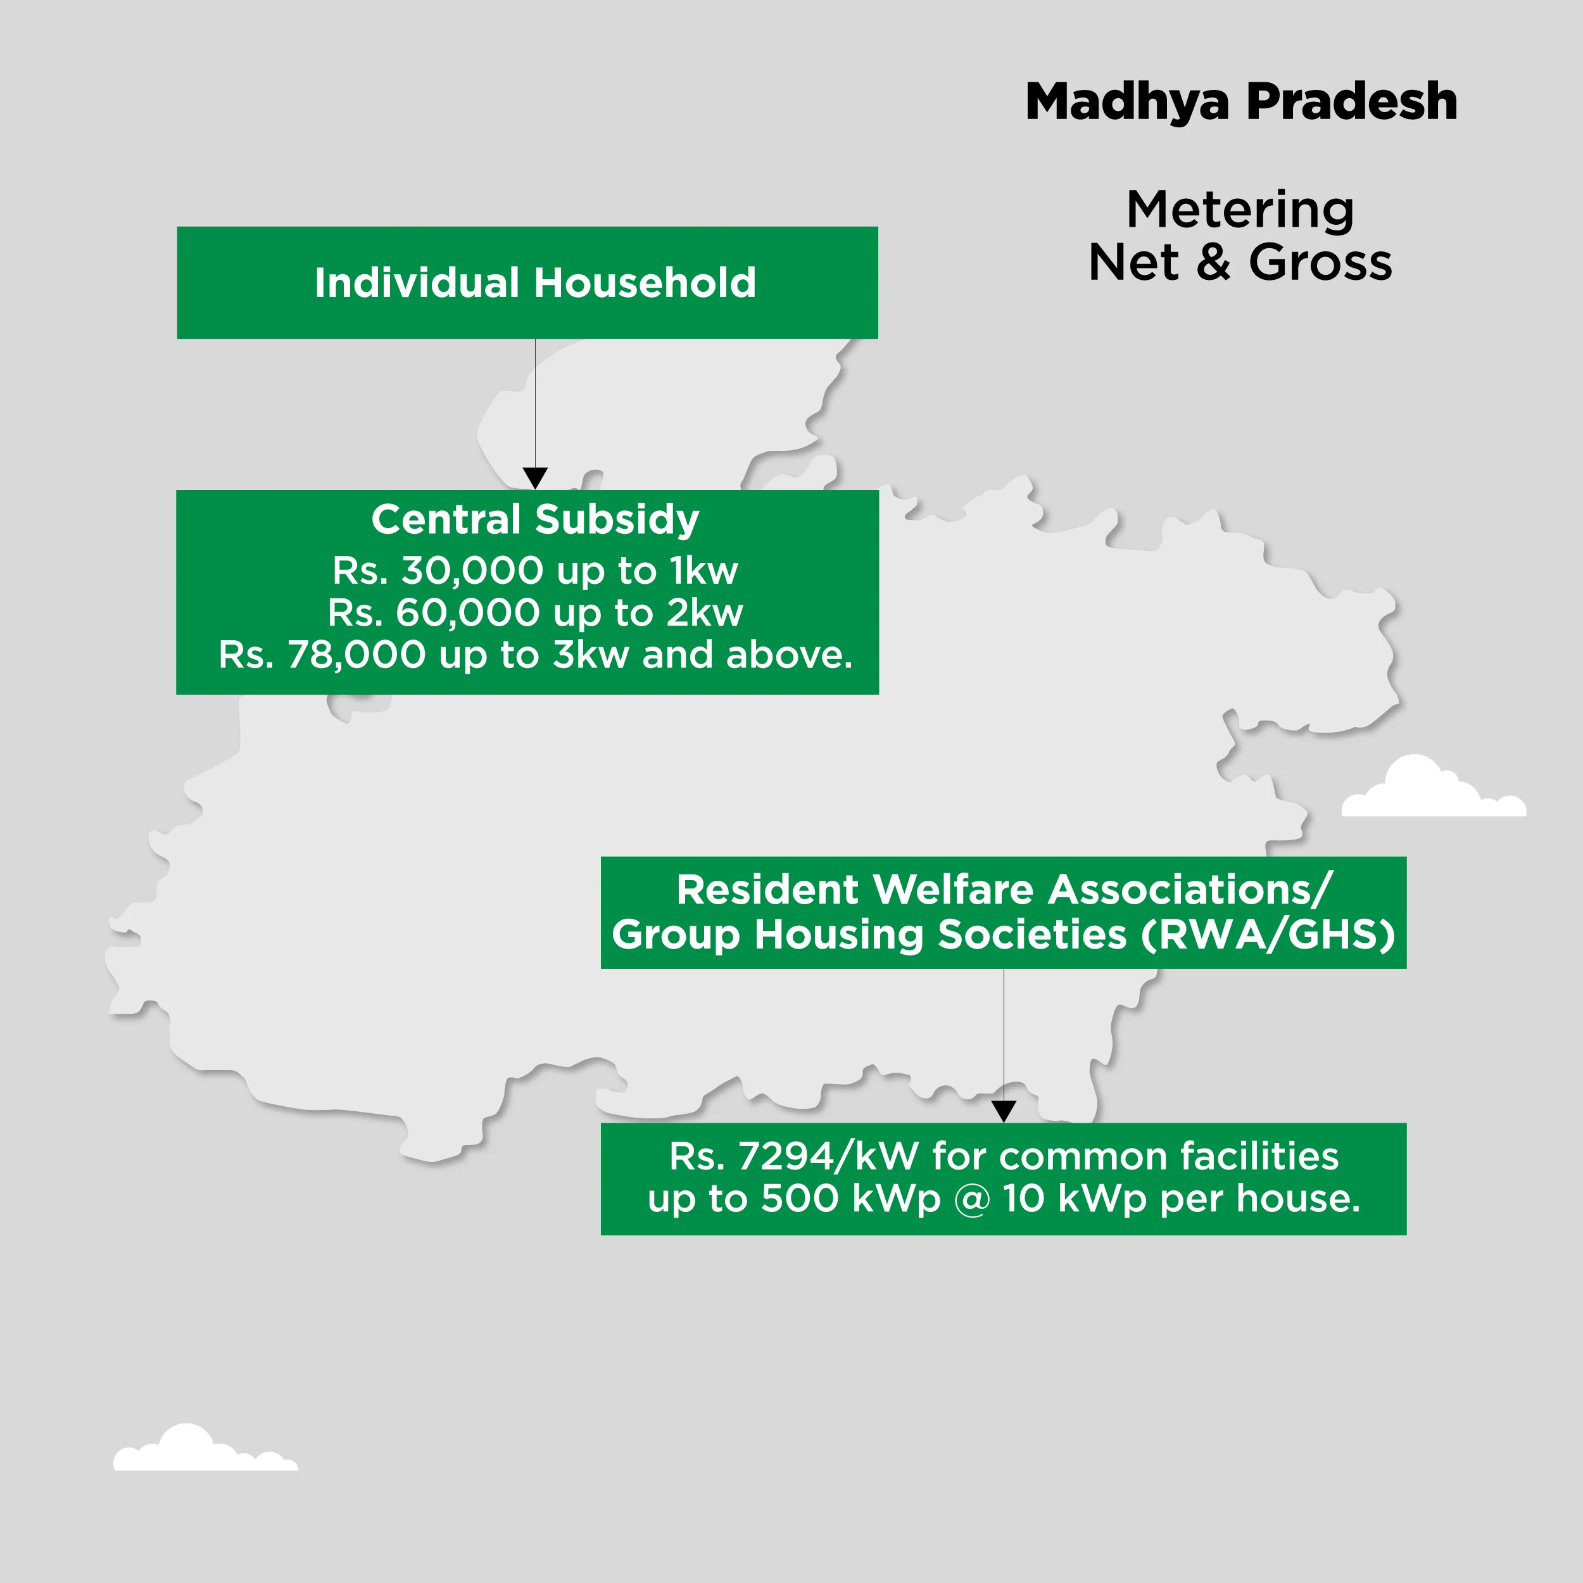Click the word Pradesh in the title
1351,103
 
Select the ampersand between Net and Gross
1213,263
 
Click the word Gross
1320,263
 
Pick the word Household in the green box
645,282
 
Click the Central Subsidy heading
535,519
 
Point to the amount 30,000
472,571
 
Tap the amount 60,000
468,613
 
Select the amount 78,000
356,655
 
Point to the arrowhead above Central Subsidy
535,477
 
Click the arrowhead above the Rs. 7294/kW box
1004,1111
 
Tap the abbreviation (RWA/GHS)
1268,935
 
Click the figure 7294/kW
828,1156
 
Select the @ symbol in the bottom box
972,1199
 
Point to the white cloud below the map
204,1449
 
